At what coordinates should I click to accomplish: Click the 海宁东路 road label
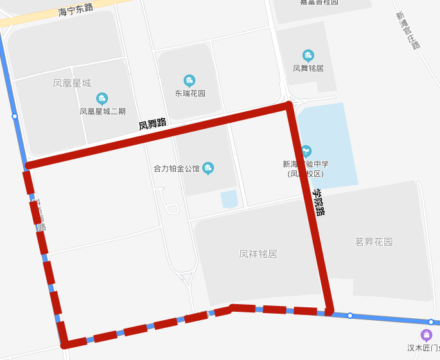(x=75, y=9)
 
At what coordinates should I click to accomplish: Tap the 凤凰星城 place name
(x=72, y=84)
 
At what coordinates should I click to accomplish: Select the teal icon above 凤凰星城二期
(x=101, y=98)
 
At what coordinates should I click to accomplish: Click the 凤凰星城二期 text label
(x=103, y=111)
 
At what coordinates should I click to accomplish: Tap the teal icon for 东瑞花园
(x=189, y=80)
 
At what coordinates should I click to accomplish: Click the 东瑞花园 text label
(x=190, y=93)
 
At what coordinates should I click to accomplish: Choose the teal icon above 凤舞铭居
(x=308, y=55)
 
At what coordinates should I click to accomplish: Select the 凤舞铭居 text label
(x=308, y=68)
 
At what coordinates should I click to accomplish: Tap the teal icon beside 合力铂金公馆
(x=208, y=168)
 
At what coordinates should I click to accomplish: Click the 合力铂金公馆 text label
(x=177, y=169)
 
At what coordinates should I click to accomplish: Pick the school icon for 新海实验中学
(x=306, y=151)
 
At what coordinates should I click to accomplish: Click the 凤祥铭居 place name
(x=258, y=254)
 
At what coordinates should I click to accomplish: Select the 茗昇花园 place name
(x=374, y=242)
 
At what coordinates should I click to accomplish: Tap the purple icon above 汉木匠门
(x=427, y=335)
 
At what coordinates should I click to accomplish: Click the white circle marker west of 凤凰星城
(x=15, y=116)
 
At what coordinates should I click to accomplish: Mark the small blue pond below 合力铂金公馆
(x=229, y=199)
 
